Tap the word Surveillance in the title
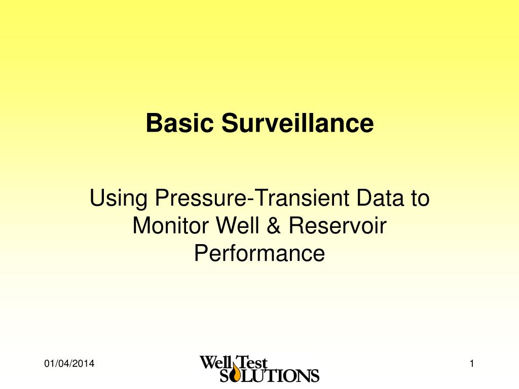[x=298, y=123]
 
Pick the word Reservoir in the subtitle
[x=338, y=225]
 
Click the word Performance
[x=259, y=253]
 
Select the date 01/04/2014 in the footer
[x=70, y=364]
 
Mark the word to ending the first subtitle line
[x=419, y=198]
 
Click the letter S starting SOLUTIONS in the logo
[x=225, y=375]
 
